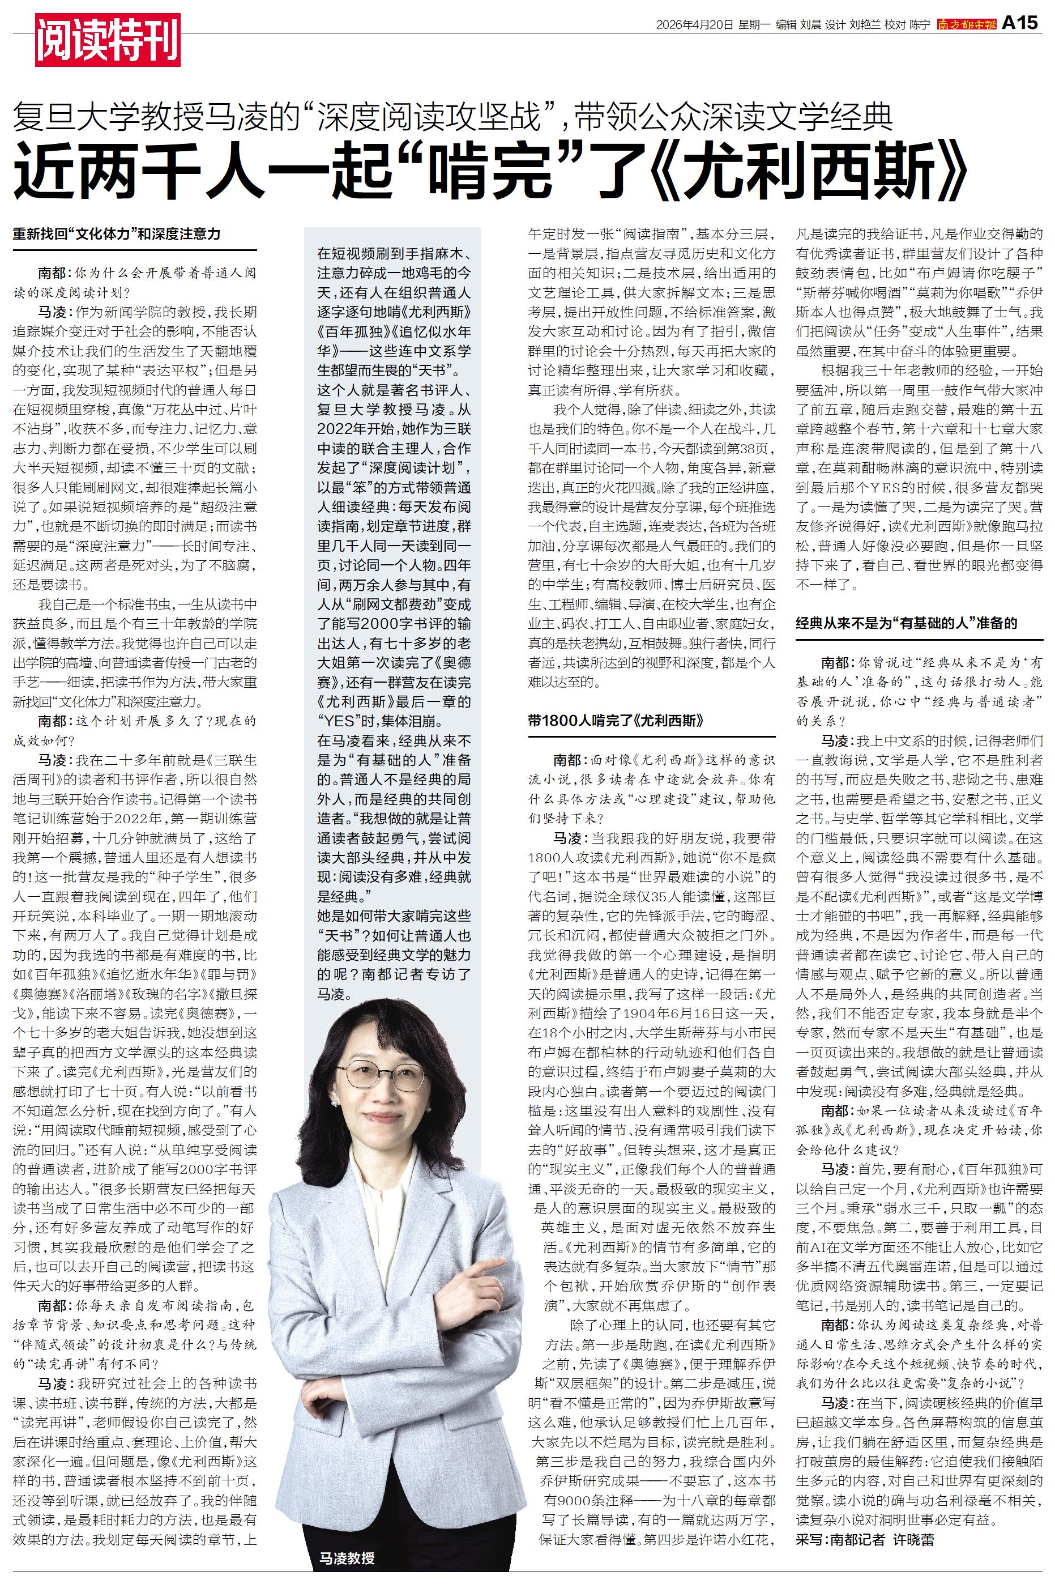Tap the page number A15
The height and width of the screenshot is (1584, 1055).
tap(1020, 24)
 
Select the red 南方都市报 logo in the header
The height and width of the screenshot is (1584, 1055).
tap(967, 25)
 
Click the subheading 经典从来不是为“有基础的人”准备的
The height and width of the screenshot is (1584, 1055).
tap(906, 623)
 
